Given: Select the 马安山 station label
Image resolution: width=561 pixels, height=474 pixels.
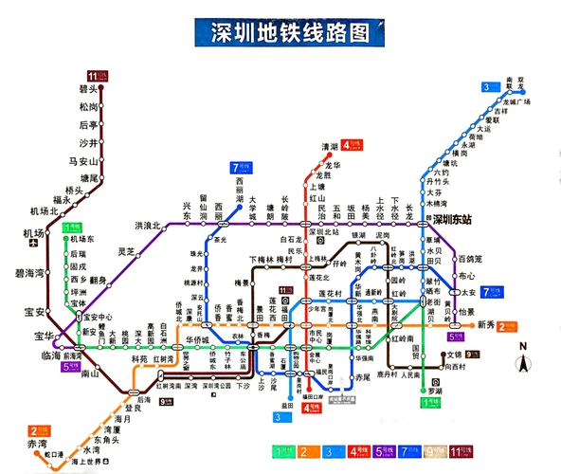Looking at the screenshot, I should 82,161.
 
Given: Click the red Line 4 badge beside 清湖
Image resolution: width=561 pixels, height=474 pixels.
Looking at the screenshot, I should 352,145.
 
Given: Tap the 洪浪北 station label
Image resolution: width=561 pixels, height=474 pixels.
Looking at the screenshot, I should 147,226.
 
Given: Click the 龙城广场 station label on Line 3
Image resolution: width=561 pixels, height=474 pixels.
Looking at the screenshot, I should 516,101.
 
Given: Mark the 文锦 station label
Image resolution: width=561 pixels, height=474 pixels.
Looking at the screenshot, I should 480,355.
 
